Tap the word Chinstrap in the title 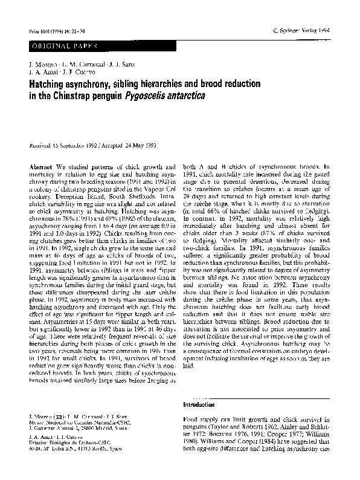coord(79,96)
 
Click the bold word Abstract coord(40,166)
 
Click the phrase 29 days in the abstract coord(194,190)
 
